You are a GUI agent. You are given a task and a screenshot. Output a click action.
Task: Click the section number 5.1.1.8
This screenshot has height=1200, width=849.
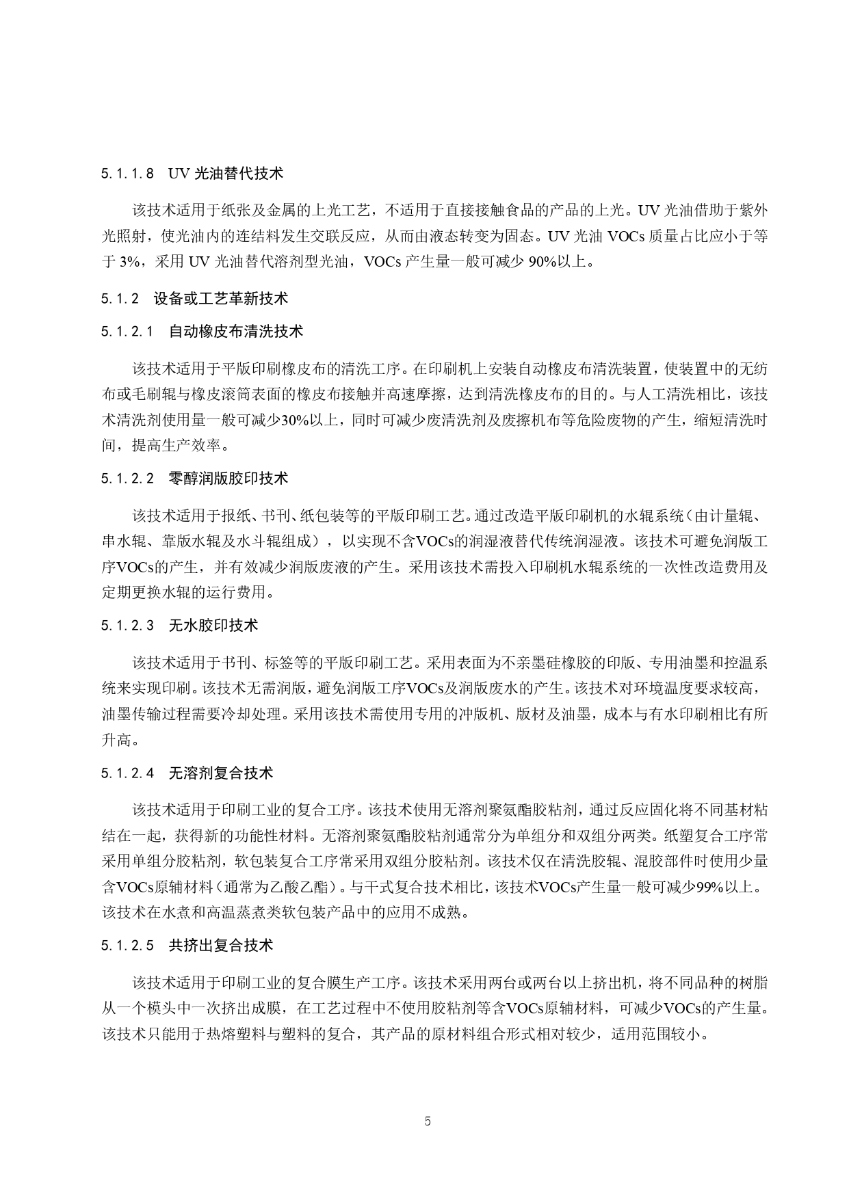(x=128, y=174)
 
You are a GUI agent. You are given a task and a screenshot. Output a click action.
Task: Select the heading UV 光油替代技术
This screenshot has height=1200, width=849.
(x=225, y=174)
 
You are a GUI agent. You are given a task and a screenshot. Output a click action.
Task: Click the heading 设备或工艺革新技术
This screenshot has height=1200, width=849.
(x=221, y=298)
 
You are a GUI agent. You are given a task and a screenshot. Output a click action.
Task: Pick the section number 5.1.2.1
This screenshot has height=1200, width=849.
(x=128, y=332)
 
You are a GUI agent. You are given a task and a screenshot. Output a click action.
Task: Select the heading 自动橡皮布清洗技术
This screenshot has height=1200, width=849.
(x=236, y=332)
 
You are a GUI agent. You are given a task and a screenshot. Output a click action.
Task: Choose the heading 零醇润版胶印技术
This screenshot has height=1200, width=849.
(x=228, y=479)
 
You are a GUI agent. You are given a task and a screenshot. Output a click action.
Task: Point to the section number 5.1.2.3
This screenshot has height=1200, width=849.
(x=128, y=626)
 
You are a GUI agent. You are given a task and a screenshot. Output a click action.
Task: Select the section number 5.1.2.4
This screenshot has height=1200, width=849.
(x=128, y=773)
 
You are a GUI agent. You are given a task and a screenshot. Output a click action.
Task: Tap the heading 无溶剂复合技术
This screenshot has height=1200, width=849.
(x=221, y=773)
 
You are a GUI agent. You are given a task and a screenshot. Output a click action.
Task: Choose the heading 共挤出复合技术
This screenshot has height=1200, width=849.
(x=221, y=946)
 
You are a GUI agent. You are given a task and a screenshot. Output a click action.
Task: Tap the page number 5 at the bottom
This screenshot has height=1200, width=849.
(x=428, y=1121)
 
